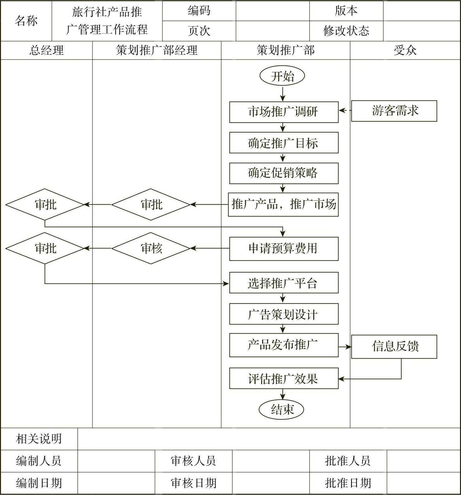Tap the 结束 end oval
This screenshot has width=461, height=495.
coord(281,409)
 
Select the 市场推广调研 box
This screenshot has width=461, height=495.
coord(284,112)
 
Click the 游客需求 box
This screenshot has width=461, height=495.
coord(394,111)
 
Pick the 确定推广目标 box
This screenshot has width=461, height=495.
coord(284,143)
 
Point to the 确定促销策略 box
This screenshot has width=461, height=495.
coord(284,173)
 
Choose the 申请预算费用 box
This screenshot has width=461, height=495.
coord(284,249)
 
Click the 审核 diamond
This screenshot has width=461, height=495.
coord(151,248)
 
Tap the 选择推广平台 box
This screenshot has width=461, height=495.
coord(284,283)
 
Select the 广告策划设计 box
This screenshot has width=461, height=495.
coord(284,314)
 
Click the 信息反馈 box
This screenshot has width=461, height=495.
coord(394,347)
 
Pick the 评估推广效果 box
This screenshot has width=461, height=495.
coord(284,378)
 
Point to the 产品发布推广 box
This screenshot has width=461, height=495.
coord(284,345)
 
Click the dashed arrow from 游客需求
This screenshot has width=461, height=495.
coord(345,110)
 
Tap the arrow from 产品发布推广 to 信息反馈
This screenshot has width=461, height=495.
coord(345,347)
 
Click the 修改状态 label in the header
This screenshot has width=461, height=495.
coord(346,31)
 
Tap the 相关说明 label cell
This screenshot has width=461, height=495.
coord(39,439)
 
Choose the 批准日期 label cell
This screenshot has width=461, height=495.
coord(348,483)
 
